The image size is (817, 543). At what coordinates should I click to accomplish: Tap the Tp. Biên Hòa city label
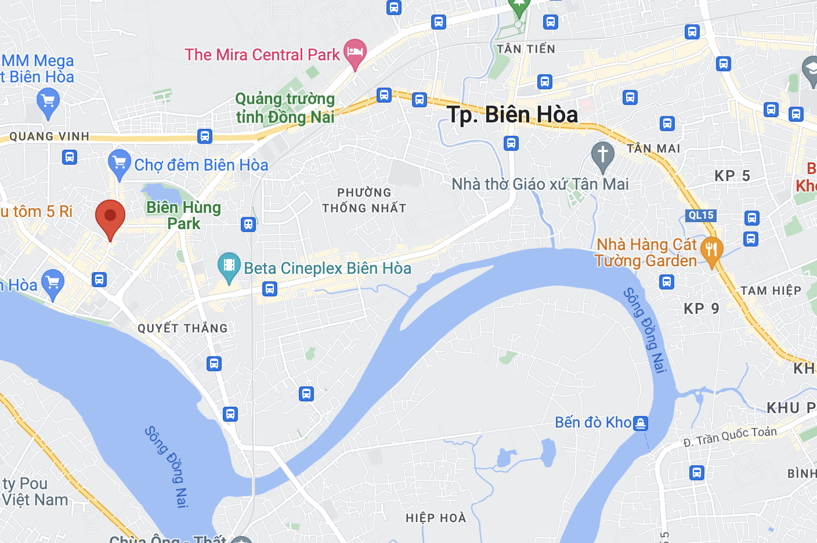[x=512, y=115]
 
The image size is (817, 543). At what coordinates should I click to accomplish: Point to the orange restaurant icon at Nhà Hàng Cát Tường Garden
[x=711, y=249]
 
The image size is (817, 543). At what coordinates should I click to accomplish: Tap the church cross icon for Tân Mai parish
[x=602, y=155]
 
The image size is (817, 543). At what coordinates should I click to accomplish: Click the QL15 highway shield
[x=701, y=215]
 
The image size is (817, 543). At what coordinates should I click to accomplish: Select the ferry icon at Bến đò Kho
[x=640, y=423]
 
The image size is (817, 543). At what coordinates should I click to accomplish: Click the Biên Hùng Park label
[x=183, y=215]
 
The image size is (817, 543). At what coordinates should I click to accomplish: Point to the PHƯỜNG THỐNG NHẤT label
[x=364, y=200]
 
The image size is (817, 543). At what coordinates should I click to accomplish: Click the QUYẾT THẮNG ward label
[x=183, y=328]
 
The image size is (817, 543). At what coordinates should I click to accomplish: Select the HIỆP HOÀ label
[x=436, y=518]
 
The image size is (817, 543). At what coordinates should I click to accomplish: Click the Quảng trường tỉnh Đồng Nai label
[x=285, y=108]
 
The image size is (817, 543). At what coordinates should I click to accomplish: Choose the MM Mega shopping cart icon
[x=48, y=102]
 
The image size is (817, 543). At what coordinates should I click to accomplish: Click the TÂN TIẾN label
[x=526, y=49]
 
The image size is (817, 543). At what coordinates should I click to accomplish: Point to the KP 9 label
[x=701, y=309]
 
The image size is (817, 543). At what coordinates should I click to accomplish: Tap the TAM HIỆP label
[x=771, y=291]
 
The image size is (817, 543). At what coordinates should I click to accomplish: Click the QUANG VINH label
[x=49, y=136]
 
